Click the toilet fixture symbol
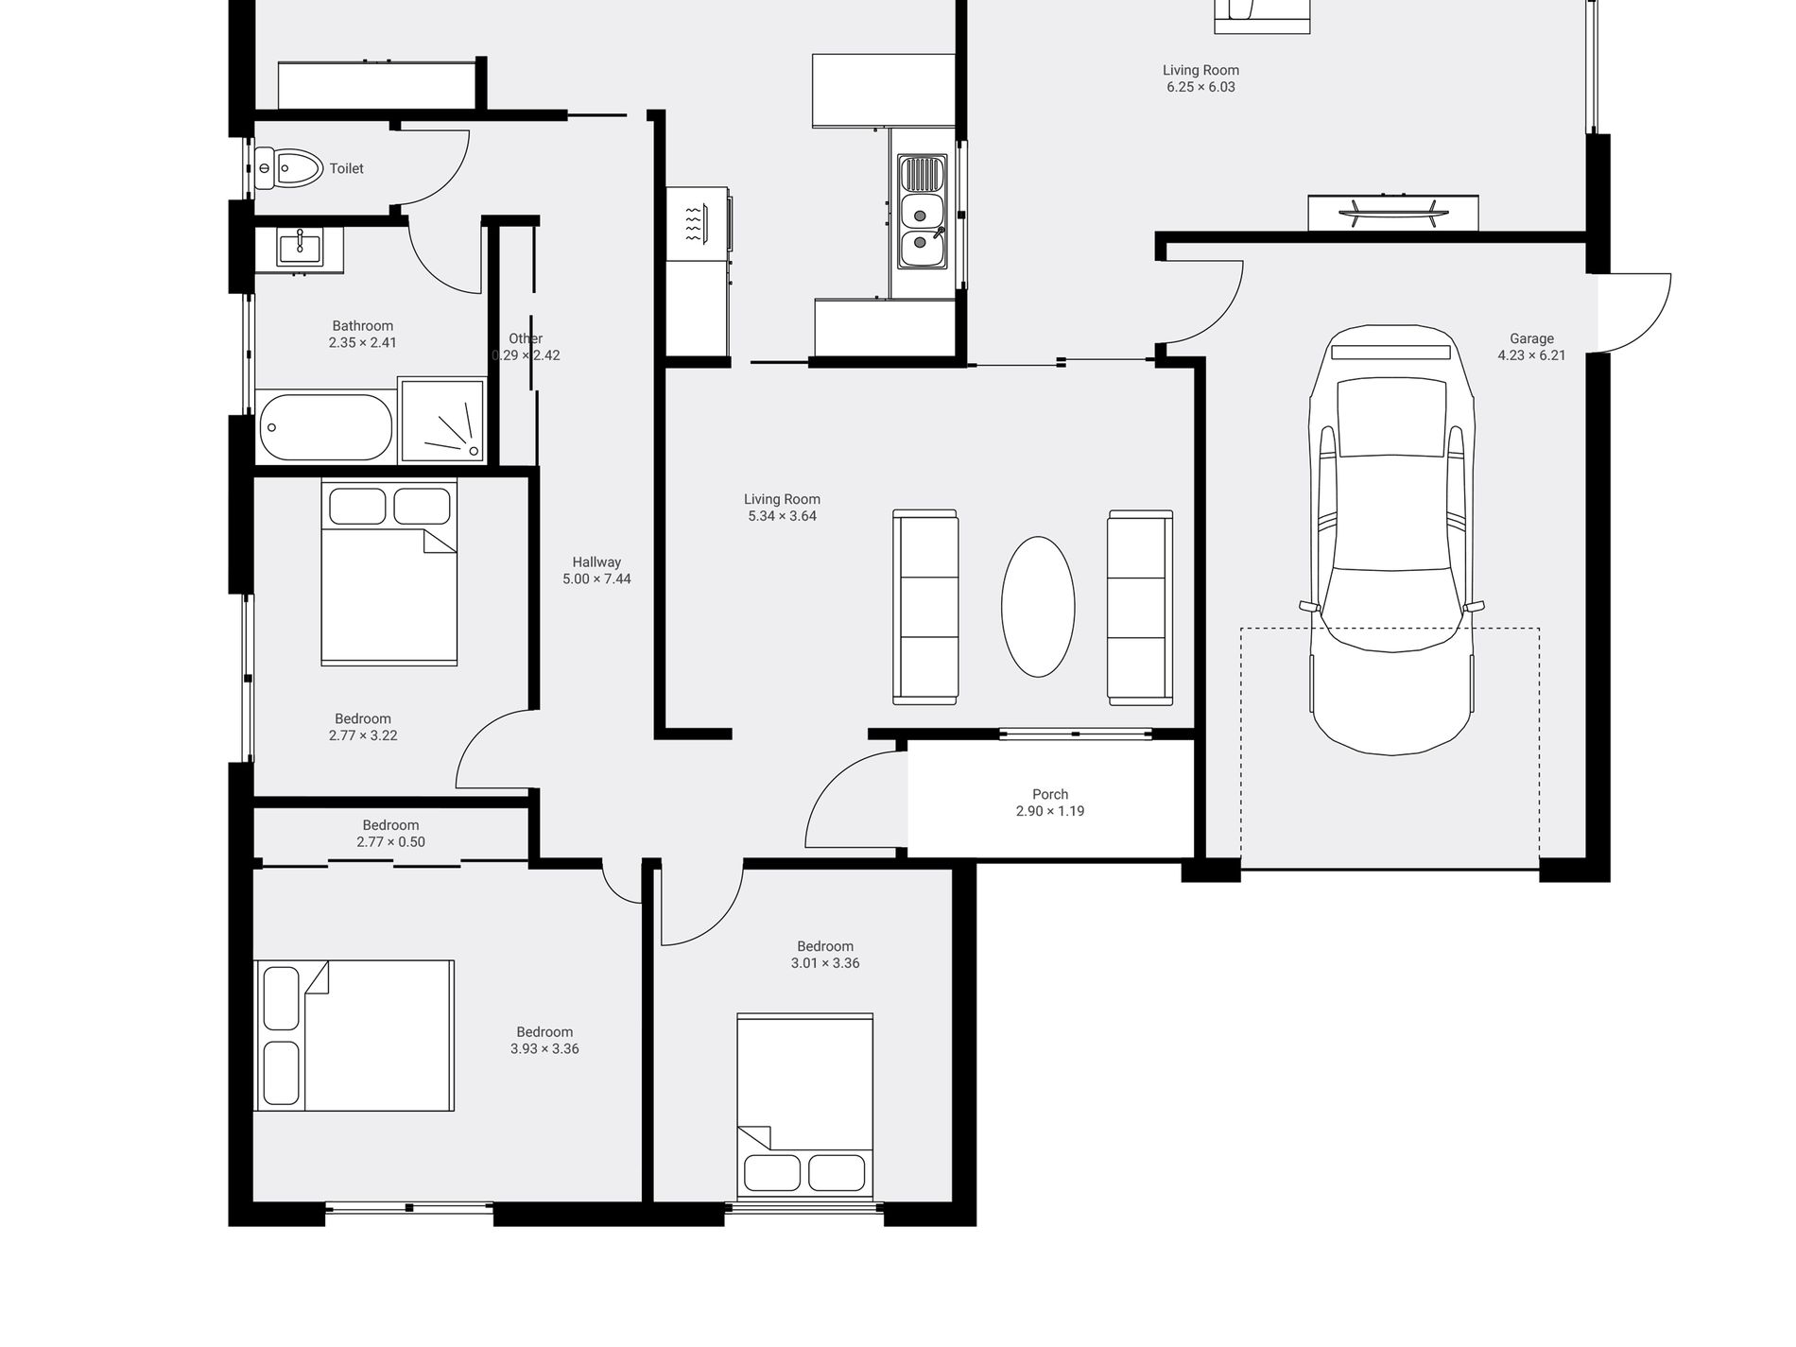tap(288, 168)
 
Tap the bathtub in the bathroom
tap(325, 427)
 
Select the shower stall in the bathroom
tap(442, 421)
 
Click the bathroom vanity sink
tap(300, 248)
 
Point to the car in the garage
tap(1390, 540)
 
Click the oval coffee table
tap(1038, 607)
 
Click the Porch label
tap(1050, 795)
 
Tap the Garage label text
tap(1531, 338)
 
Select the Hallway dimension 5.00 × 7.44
tap(596, 579)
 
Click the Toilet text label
tap(346, 168)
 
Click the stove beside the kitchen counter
tap(698, 223)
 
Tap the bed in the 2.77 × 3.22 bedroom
tap(389, 572)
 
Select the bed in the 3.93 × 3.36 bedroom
tap(354, 1035)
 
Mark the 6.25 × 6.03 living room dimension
tap(1200, 87)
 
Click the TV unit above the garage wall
tap(1392, 213)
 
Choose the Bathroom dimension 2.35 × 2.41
tap(363, 342)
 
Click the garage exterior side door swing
tap(1634, 313)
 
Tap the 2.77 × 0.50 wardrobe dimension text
tap(390, 841)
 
